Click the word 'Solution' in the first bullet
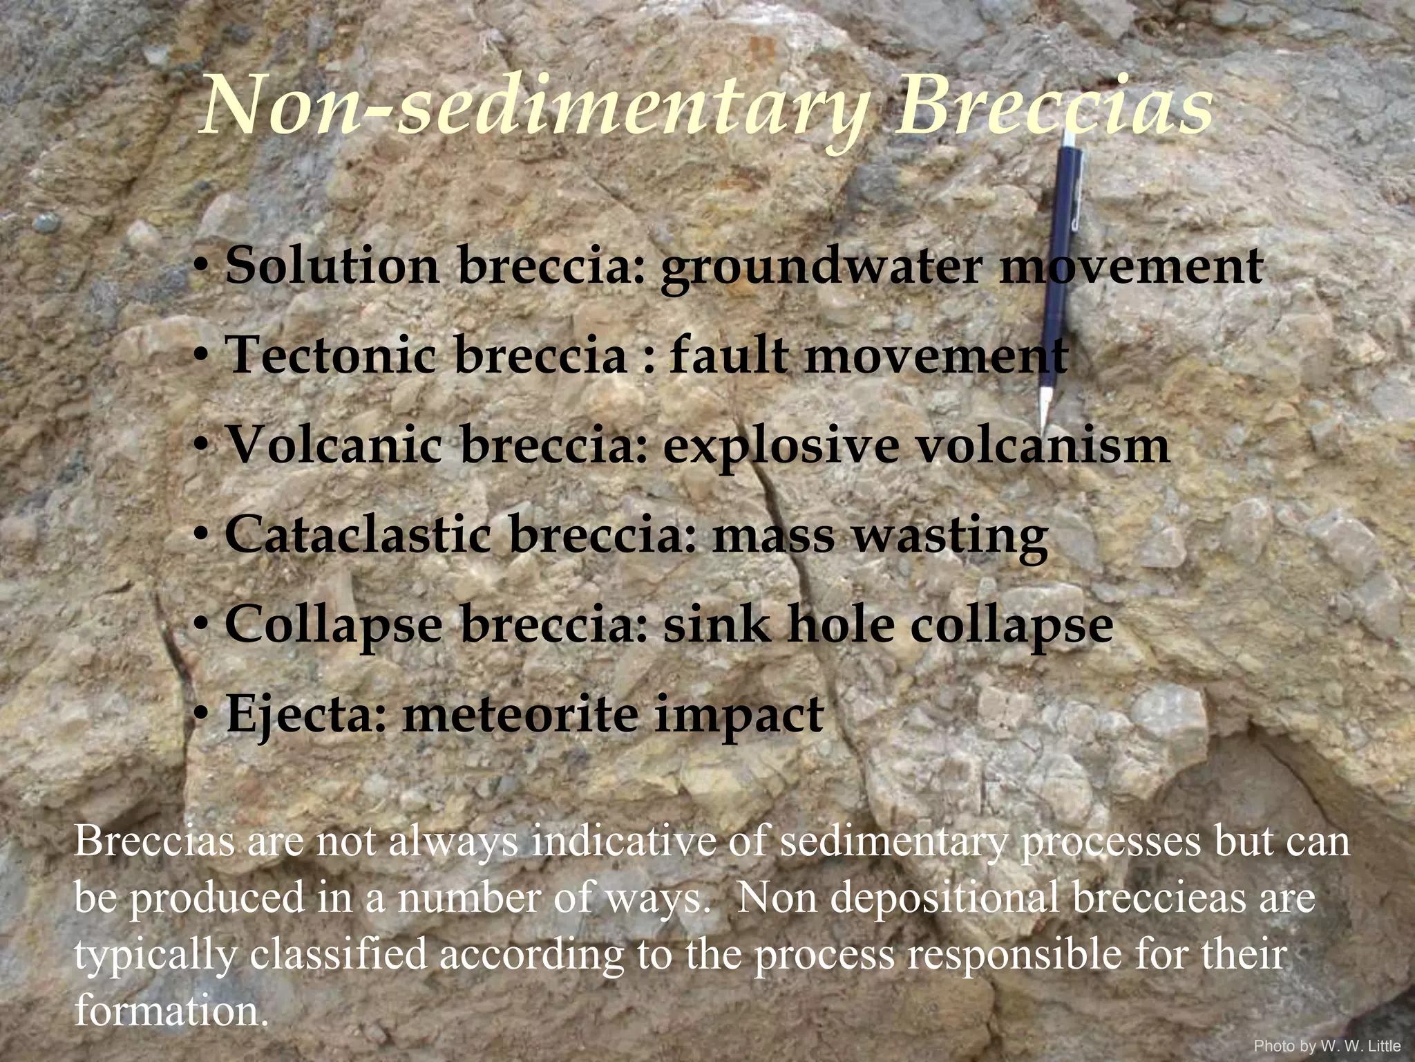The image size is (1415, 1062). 332,266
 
